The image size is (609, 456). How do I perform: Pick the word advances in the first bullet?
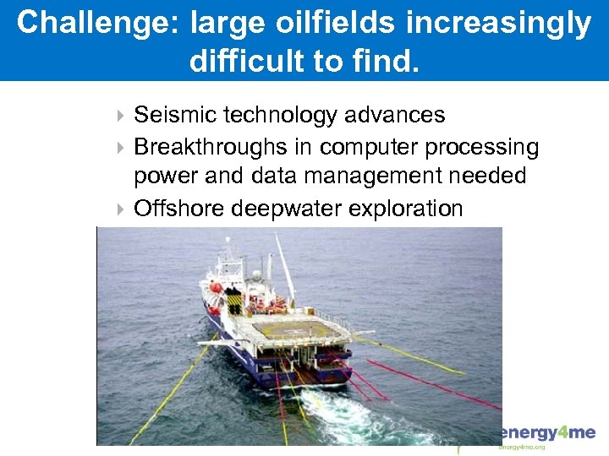(x=400, y=115)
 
